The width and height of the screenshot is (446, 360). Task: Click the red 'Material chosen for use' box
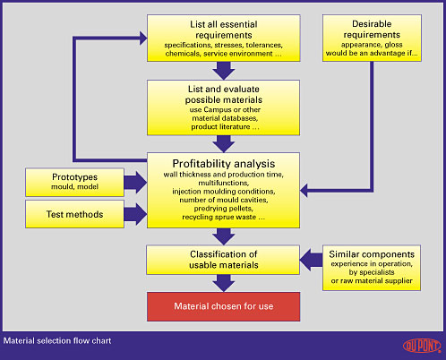(x=223, y=306)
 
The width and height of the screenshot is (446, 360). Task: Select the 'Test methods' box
(x=74, y=214)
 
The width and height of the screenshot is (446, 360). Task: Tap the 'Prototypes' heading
(x=74, y=177)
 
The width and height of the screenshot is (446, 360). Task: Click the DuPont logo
(x=422, y=346)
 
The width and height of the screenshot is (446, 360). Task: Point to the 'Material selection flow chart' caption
(x=57, y=340)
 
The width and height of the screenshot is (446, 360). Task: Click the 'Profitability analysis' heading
(x=224, y=164)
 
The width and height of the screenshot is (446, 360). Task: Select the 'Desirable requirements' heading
(x=372, y=30)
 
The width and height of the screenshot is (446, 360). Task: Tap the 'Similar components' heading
(x=372, y=254)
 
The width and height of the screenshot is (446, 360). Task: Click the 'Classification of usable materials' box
(x=223, y=260)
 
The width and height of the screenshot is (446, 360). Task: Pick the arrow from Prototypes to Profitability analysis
(x=135, y=182)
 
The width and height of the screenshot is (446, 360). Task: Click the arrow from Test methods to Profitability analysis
(x=135, y=214)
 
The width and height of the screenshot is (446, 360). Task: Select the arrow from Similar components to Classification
(x=311, y=260)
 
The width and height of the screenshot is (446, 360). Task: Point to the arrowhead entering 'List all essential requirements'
(x=143, y=39)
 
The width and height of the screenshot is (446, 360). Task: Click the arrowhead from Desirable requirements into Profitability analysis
(x=304, y=191)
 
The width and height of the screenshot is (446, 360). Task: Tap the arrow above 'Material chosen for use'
(x=224, y=283)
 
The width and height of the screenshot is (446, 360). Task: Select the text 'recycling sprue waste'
(x=219, y=217)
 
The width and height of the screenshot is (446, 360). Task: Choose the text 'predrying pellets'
(x=224, y=209)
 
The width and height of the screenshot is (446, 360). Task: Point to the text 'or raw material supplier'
(x=372, y=281)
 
